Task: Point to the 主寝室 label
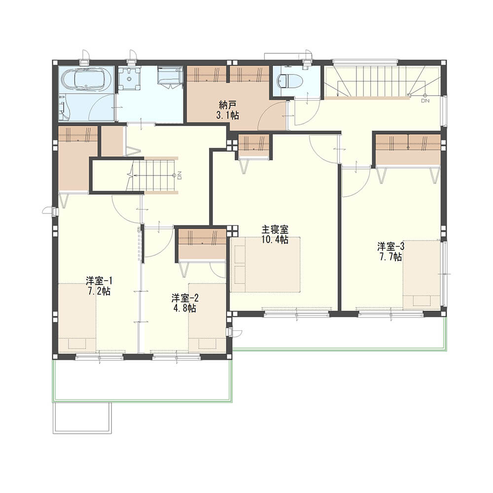(275, 230)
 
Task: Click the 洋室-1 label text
(99, 281)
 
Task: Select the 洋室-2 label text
(185, 298)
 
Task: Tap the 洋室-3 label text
(390, 246)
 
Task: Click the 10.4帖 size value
(275, 240)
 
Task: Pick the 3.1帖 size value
(227, 115)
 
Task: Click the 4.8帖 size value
(185, 308)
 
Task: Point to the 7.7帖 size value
(390, 257)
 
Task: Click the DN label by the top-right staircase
(425, 101)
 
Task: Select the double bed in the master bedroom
(265, 265)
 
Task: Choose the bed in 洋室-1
(77, 317)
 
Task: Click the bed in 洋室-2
(207, 317)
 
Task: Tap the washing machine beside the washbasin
(170, 75)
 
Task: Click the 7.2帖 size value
(99, 291)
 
